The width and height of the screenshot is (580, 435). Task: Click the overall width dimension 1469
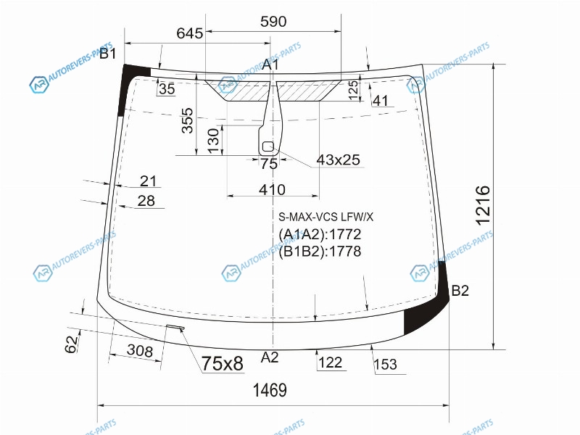click(270, 390)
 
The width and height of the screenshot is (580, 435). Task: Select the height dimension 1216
click(483, 206)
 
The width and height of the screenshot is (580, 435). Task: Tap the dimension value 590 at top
click(273, 22)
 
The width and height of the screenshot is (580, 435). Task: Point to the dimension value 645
click(190, 33)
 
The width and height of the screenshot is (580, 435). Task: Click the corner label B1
click(108, 54)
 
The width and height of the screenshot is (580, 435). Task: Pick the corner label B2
click(460, 291)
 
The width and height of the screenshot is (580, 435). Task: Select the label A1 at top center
click(270, 65)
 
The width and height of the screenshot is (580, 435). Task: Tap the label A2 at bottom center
click(269, 357)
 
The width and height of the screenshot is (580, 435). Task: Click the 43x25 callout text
click(338, 159)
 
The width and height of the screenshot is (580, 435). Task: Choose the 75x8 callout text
click(223, 363)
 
